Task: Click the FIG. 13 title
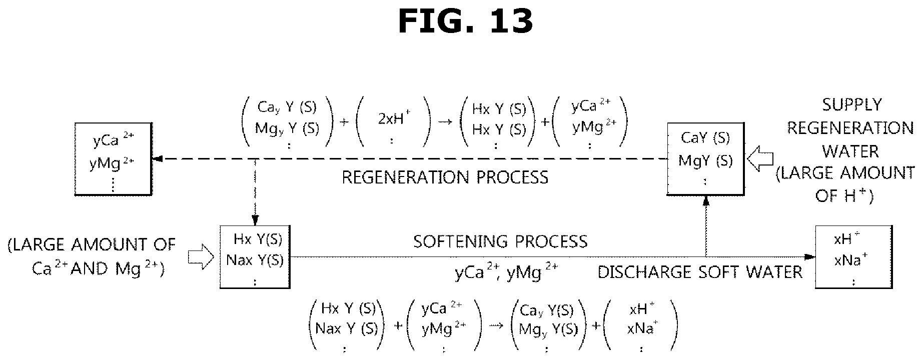point(465,21)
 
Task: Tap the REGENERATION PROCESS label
point(445,177)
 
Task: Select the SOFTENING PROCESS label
point(500,241)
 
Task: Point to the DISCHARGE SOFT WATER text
point(700,272)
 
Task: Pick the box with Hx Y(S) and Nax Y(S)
point(255,257)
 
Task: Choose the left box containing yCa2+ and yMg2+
point(113,159)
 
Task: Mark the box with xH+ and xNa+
point(853,257)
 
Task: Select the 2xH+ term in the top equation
point(392,120)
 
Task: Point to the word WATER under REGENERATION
point(850,151)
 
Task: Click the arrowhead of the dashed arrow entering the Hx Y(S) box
point(255,221)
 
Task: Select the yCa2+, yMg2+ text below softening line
point(506,272)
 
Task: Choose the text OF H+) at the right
point(844,195)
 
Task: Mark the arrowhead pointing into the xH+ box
point(810,257)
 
